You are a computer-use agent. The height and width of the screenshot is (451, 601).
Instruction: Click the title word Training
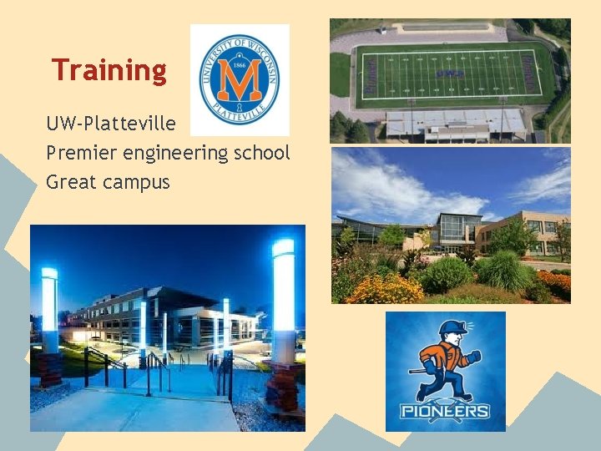(x=109, y=70)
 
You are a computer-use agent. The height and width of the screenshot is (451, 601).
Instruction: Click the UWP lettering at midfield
(x=451, y=73)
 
